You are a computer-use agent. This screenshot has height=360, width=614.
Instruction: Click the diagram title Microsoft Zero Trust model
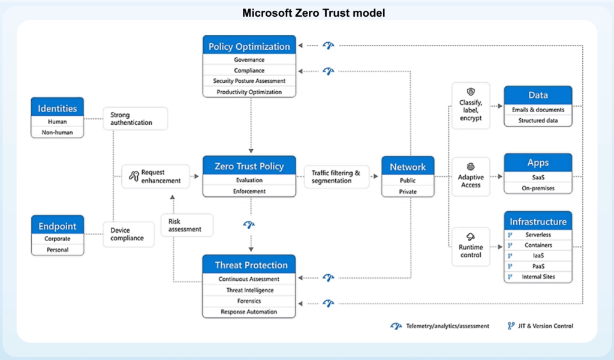(313, 13)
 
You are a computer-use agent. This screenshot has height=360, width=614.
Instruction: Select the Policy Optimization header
(249, 46)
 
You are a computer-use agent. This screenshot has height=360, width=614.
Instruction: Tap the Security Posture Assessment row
(249, 80)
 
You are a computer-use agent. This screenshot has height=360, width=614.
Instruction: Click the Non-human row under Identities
(57, 133)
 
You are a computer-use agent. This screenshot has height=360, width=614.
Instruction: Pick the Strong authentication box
(135, 118)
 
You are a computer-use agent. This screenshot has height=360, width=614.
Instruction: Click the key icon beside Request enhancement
(134, 176)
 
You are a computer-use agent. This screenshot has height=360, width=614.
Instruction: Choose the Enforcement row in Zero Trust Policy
(249, 191)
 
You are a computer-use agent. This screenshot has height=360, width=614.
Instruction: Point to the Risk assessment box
(187, 225)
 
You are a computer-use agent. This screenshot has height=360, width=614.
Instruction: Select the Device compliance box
(128, 234)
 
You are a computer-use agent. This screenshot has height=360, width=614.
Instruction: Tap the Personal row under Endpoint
(58, 250)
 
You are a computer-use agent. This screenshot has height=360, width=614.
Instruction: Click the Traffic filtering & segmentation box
(336, 176)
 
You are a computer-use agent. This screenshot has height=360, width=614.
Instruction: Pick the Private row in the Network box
(408, 191)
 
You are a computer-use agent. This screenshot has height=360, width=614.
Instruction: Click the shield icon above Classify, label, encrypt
(471, 92)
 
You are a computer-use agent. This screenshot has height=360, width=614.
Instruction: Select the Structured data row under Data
(538, 121)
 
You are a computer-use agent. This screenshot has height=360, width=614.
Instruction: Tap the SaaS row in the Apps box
(538, 178)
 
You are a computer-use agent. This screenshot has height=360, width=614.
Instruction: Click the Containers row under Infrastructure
(538, 245)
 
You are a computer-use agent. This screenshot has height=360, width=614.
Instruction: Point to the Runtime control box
(471, 247)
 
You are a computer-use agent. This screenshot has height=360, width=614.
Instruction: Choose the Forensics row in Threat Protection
(249, 301)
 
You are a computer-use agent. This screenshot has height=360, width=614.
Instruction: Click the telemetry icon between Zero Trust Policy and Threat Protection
(249, 225)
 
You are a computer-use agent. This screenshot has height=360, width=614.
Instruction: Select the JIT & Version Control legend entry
(540, 326)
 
